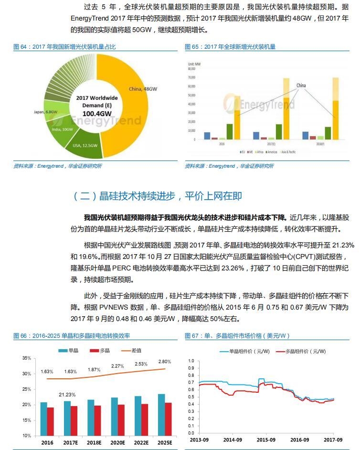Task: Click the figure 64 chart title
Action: (x=64, y=47)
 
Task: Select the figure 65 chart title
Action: (x=230, y=47)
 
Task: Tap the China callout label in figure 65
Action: (x=301, y=86)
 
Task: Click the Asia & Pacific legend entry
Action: (x=287, y=152)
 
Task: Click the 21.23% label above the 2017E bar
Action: (x=67, y=395)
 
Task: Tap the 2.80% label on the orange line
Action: (x=164, y=362)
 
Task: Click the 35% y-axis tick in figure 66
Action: (x=26, y=358)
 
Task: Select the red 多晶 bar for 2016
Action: (x=50, y=421)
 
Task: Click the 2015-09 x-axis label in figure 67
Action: (x=266, y=439)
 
